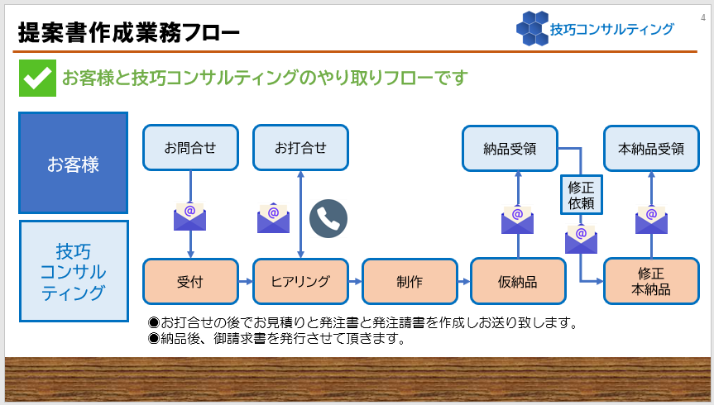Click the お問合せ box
pos(190,148)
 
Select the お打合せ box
pos(300,148)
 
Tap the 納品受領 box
pos(509,149)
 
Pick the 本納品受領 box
pos(650,149)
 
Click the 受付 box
pos(190,281)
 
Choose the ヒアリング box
pos(300,281)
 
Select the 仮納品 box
pos(518,281)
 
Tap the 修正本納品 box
pos(650,281)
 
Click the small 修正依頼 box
pos(582,193)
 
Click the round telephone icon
pos(328,218)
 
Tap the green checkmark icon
pos(37,78)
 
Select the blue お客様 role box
pos(74,164)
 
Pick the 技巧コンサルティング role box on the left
pos(74,271)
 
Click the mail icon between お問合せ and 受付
pos(190,217)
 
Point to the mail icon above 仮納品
pos(518,219)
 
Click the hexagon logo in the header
pos(531,28)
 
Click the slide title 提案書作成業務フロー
pos(129,33)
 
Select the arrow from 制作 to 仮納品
pos(462,281)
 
